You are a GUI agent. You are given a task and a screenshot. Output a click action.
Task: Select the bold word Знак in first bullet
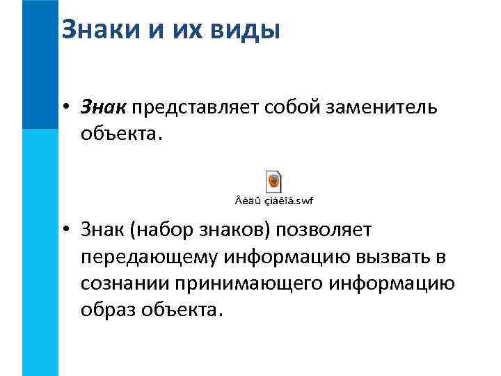[103, 107]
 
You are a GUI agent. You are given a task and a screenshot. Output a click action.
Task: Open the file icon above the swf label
[274, 182]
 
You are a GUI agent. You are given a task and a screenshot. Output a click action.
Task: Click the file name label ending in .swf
[273, 201]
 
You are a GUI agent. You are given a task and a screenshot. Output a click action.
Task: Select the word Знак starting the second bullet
[103, 230]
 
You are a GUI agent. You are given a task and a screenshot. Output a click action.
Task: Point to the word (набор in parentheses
[161, 231]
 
